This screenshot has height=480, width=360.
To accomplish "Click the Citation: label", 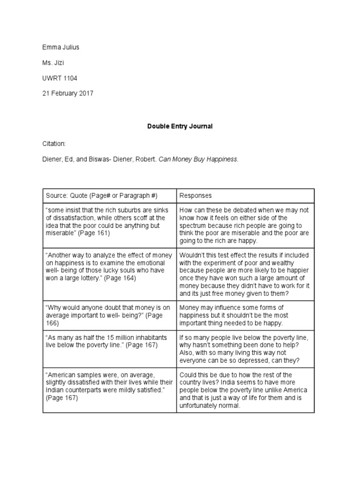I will [54, 143].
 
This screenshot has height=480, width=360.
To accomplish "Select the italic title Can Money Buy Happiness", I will [198, 159].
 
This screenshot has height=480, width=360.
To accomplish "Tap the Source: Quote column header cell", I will [110, 195].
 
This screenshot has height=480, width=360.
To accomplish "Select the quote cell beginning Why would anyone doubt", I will [110, 315].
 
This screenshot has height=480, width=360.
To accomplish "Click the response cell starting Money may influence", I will [245, 315].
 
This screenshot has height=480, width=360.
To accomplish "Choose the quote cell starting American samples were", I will [110, 390].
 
